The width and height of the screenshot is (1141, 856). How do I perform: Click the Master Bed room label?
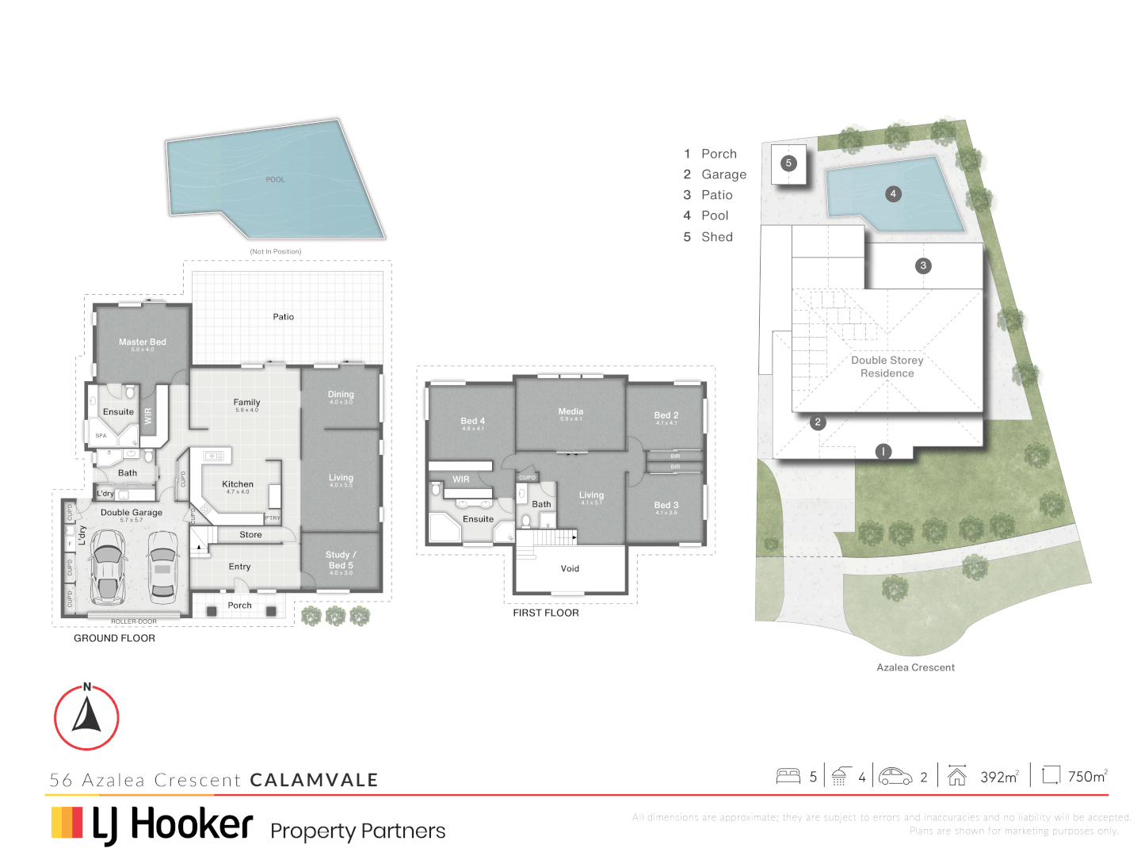(143, 342)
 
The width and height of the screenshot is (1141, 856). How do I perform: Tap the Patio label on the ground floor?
(283, 317)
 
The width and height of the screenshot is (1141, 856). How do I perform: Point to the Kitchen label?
(238, 484)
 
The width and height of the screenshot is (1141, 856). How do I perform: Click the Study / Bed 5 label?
(341, 560)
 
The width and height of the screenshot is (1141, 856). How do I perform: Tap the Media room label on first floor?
(570, 412)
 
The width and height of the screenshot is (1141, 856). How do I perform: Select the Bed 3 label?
(666, 506)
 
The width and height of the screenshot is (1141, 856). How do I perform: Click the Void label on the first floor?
(570, 569)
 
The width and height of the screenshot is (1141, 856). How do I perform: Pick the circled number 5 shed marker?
(788, 163)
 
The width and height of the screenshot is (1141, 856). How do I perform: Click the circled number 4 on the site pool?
(893, 194)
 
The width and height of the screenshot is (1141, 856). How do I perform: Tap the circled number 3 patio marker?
(922, 266)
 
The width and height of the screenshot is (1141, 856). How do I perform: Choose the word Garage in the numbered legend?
(723, 174)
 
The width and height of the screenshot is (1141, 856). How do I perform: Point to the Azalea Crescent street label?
(915, 668)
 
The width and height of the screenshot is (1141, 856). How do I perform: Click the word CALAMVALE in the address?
(314, 780)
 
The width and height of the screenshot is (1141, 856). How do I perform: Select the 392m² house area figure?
(998, 777)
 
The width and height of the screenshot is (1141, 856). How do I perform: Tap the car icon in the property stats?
(895, 776)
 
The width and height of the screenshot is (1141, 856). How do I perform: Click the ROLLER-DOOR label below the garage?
(133, 621)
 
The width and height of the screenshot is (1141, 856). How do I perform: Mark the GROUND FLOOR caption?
(114, 638)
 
